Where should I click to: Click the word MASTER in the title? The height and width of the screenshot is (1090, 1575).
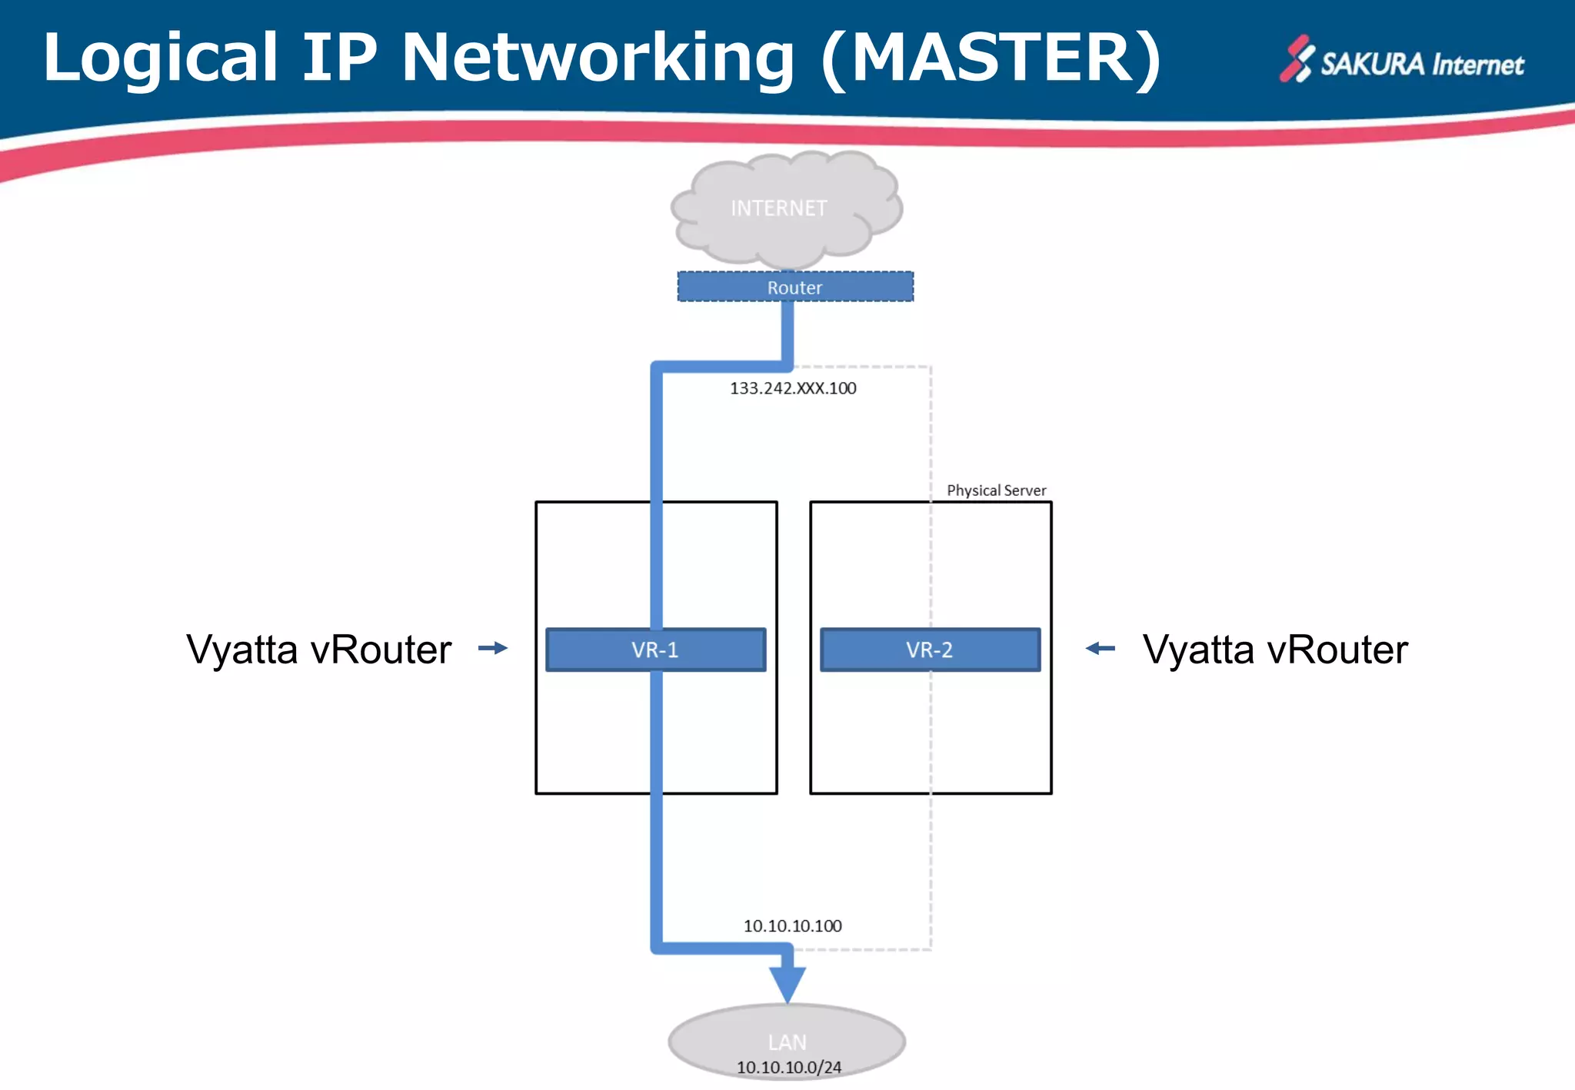tap(992, 58)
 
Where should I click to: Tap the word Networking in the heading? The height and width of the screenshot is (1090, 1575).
tap(598, 58)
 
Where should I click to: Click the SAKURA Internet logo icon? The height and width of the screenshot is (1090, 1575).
tap(1297, 59)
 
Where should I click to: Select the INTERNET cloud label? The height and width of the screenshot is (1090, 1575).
tap(778, 208)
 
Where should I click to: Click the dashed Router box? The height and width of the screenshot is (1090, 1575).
tap(794, 287)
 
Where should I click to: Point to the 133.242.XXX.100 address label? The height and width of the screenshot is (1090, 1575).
tap(793, 388)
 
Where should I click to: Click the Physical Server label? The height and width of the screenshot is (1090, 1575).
tap(996, 490)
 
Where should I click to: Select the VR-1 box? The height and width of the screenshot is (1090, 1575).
tap(655, 650)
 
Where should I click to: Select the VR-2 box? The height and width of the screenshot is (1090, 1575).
tap(930, 650)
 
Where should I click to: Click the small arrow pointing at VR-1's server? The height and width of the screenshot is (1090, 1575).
tap(493, 648)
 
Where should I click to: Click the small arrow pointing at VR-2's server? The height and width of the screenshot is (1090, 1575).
tap(1101, 648)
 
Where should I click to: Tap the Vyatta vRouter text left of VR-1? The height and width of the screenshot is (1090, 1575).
tap(319, 650)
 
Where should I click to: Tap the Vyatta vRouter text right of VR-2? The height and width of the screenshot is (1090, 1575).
tap(1275, 650)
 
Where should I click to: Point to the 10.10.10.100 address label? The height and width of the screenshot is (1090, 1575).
tap(792, 926)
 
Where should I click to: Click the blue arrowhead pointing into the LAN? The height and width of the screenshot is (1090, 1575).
tap(787, 983)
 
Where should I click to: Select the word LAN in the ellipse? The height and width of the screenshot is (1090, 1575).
tap(787, 1042)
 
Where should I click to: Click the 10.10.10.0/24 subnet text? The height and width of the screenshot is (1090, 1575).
tap(789, 1068)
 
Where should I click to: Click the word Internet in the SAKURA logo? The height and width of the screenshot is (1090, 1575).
tap(1477, 65)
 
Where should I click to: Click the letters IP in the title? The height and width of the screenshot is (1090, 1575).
tap(339, 58)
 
